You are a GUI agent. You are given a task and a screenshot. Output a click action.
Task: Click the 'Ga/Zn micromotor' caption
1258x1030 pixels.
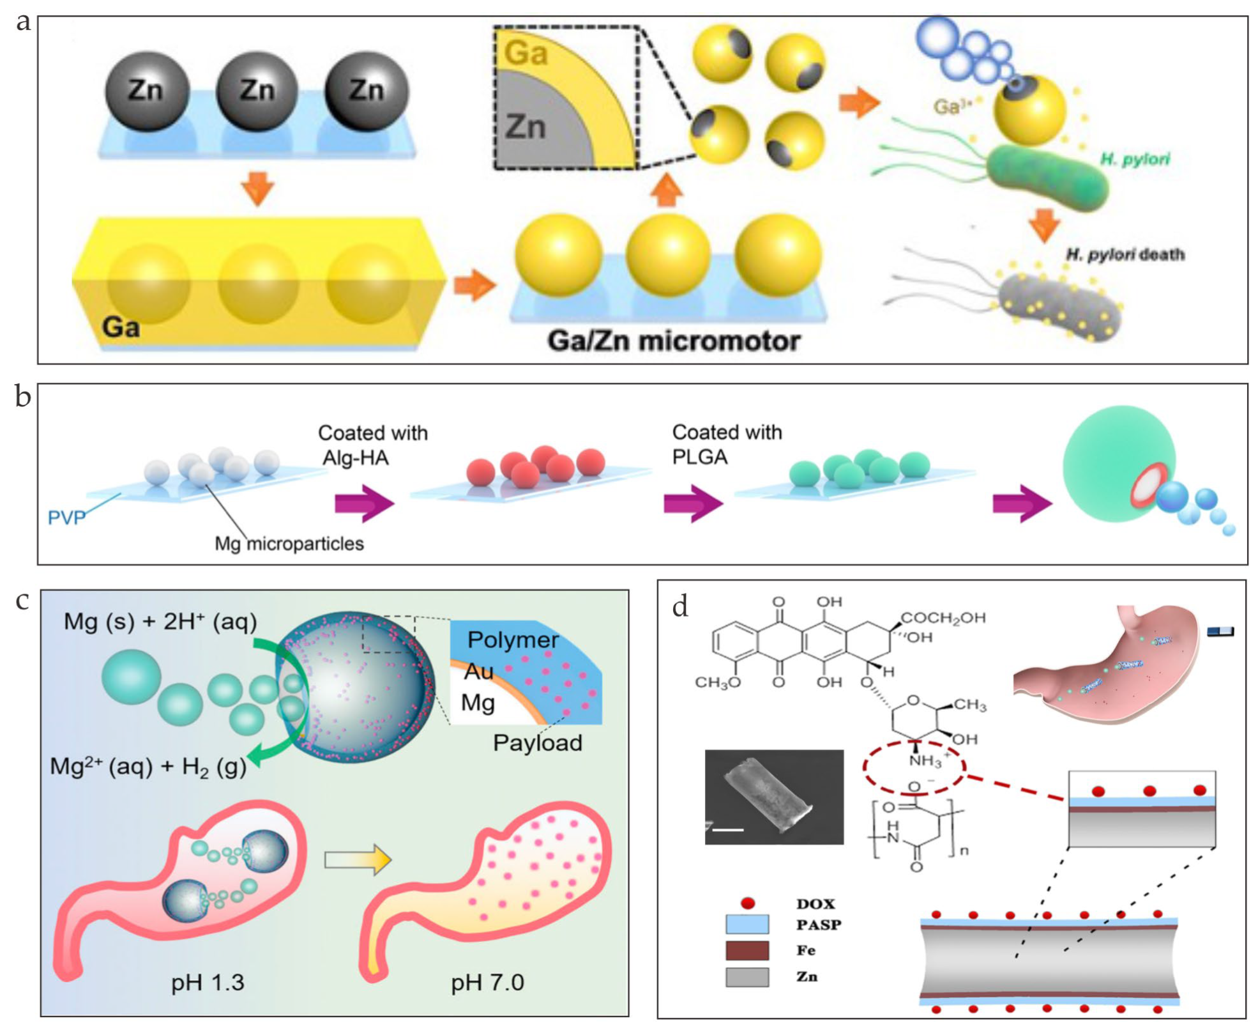[673, 341]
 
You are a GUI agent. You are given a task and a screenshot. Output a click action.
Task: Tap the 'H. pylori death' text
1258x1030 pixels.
[1125, 255]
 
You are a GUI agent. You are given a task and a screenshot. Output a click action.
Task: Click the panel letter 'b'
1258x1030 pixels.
[23, 397]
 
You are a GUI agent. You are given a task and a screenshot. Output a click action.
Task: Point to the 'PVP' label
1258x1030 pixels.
[66, 518]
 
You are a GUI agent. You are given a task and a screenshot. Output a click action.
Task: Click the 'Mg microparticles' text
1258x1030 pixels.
[289, 544]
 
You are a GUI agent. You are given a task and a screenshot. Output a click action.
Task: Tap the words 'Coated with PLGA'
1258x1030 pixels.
[726, 445]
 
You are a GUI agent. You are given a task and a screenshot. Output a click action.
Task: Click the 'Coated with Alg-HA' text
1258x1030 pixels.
[372, 445]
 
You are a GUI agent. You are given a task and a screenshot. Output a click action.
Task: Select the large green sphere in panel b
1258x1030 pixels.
[1111, 460]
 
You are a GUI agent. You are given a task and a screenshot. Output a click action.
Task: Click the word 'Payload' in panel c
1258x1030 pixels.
[538, 742]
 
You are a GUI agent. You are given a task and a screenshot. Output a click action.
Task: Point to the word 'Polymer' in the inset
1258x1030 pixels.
[513, 640]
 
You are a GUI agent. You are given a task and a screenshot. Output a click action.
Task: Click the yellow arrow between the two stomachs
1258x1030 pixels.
[357, 860]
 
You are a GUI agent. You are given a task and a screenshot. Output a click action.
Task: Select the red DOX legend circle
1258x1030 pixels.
[747, 903]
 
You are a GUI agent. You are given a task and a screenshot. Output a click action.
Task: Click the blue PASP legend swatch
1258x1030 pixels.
[746, 924]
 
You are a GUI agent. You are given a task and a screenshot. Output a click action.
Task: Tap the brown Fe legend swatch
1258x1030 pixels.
[746, 950]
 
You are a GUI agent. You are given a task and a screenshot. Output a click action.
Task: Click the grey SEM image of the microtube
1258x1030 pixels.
[773, 797]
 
